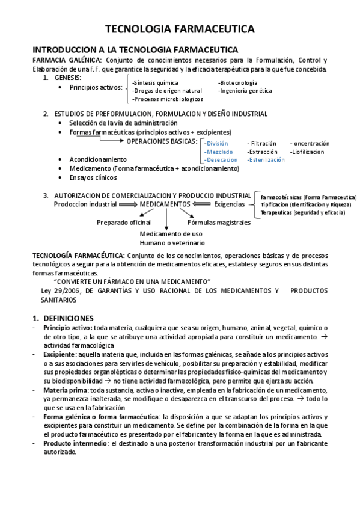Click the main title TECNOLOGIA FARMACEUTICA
coord(180,29)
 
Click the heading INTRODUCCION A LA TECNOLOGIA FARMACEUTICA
coord(135,49)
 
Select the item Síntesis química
coord(156,82)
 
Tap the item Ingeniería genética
coord(245,91)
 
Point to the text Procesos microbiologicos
coord(168,99)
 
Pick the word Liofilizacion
coord(307,152)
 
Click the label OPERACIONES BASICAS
coord(161,141)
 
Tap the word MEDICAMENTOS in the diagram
coord(165,204)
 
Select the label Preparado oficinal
coord(124,222)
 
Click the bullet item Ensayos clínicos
coord(93,177)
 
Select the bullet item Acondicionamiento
coord(98,159)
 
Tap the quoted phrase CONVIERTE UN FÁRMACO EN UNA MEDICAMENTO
coord(132,281)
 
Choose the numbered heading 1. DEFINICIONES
coord(62,317)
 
